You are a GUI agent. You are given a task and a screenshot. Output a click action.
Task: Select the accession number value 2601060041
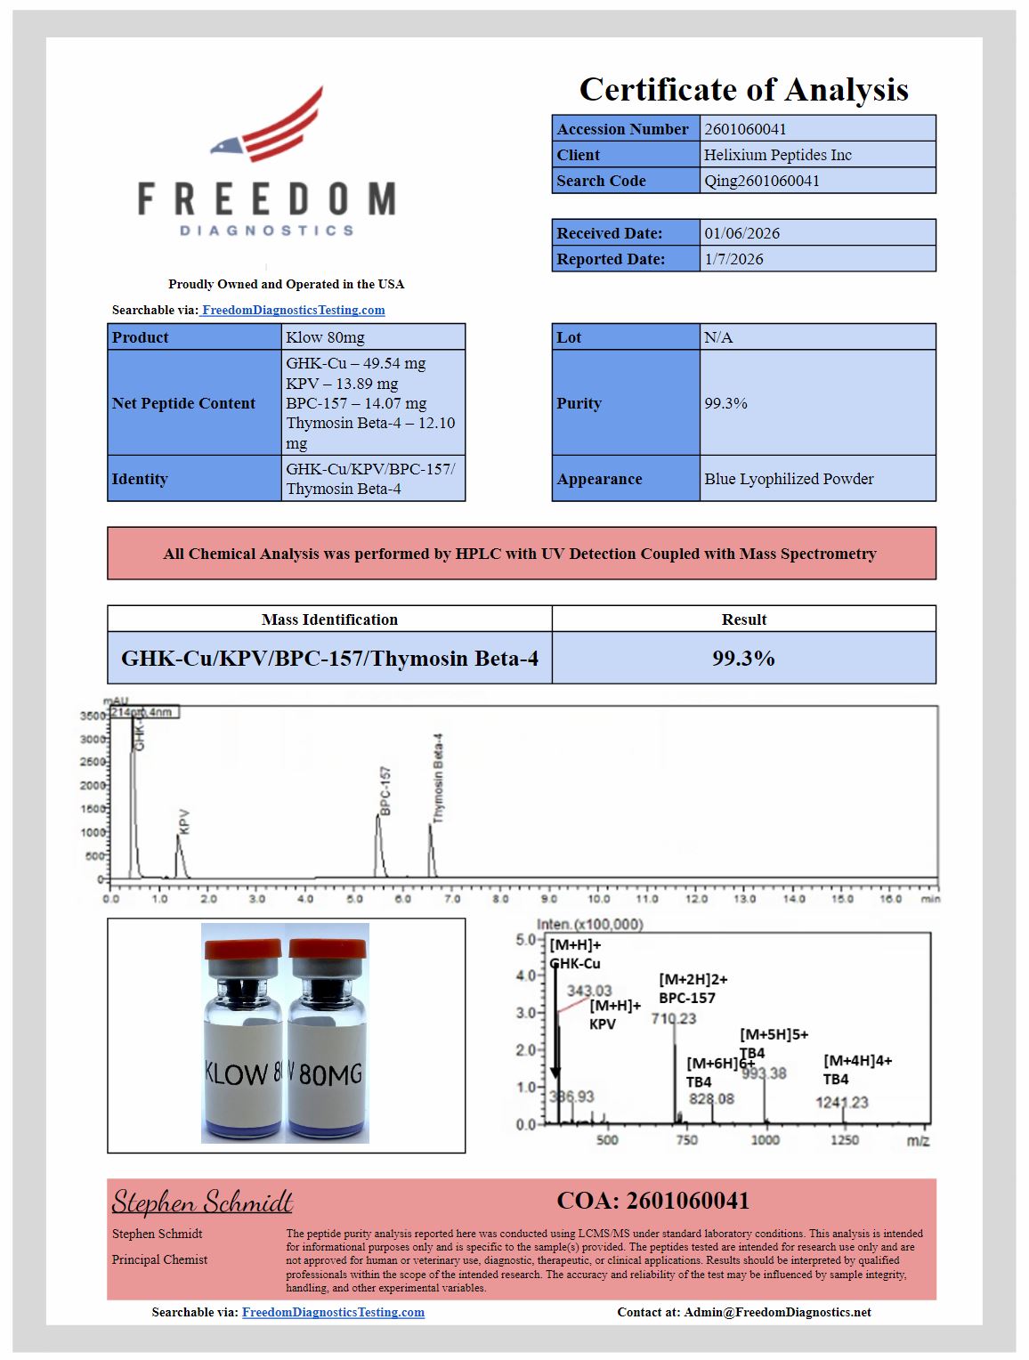click(x=745, y=129)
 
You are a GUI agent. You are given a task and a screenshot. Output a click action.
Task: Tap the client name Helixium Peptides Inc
click(x=777, y=155)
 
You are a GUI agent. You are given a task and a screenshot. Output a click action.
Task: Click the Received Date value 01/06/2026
click(x=741, y=233)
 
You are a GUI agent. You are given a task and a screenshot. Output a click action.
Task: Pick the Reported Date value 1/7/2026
click(x=733, y=259)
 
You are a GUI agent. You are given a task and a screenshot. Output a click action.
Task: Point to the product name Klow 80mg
click(x=325, y=337)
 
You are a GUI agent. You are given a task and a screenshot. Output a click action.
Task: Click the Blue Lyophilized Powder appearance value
click(x=789, y=479)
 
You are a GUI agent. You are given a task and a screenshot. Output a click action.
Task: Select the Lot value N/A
click(x=718, y=337)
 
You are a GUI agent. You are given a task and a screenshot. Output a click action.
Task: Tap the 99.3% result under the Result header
click(x=743, y=659)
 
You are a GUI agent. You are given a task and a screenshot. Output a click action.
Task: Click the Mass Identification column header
click(x=329, y=619)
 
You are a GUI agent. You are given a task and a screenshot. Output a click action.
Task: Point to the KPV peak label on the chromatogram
click(x=184, y=821)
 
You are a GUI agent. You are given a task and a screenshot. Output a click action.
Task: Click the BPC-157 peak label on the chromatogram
click(x=385, y=790)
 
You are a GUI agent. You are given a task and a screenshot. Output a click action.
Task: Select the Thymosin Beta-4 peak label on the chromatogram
click(x=438, y=777)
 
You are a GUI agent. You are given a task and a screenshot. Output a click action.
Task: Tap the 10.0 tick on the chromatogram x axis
click(x=598, y=899)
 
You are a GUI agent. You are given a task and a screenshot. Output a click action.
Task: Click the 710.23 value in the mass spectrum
click(x=674, y=1018)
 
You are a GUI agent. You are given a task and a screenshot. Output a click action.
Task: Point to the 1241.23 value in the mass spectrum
click(x=841, y=1103)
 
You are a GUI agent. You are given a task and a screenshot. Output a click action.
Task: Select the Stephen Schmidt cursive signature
click(x=202, y=1202)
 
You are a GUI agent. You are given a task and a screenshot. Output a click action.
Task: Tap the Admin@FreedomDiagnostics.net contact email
click(x=777, y=1312)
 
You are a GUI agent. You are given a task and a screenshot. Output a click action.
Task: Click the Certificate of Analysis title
click(x=743, y=89)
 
